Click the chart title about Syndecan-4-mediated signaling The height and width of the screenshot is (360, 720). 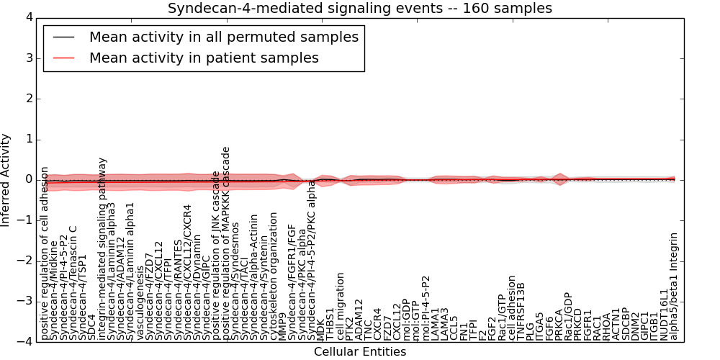point(360,9)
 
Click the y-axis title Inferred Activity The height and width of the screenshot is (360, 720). point(6,179)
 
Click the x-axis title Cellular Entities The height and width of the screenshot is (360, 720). point(360,352)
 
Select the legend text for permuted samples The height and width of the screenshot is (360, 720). point(223,37)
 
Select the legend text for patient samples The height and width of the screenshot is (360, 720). point(204,58)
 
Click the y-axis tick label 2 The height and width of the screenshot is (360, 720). point(28,98)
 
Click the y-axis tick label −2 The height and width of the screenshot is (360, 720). point(24,260)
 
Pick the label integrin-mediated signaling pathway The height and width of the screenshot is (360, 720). point(102,248)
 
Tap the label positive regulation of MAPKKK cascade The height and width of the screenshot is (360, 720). point(226,243)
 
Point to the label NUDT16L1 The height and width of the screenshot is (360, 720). point(665,314)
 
